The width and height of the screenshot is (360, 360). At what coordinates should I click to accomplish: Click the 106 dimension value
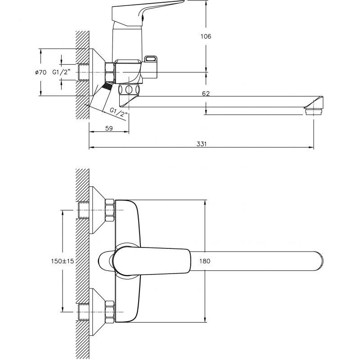click(x=206, y=36)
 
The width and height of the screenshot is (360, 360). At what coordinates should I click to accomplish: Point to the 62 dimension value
click(x=206, y=94)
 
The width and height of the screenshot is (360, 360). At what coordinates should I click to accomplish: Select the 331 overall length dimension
click(x=201, y=144)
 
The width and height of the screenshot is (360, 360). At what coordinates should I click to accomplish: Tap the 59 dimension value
click(x=109, y=128)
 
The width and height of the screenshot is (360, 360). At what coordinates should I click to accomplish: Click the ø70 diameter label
click(x=40, y=72)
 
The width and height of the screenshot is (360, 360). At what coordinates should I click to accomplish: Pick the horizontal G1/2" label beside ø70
click(x=61, y=72)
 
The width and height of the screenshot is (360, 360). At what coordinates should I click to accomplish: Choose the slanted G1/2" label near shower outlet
click(x=118, y=112)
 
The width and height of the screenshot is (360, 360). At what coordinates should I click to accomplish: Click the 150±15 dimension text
click(x=63, y=261)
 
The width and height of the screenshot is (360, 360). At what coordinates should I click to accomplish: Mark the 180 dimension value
click(x=205, y=261)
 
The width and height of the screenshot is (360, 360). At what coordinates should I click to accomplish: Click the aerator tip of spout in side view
click(x=314, y=112)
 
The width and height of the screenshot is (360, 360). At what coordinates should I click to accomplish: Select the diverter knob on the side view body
click(x=151, y=59)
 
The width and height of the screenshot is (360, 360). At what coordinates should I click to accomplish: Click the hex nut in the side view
click(x=109, y=72)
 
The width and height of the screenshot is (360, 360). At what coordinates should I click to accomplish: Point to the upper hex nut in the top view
click(x=109, y=210)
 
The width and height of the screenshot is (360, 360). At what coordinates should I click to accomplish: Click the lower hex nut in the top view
click(x=109, y=312)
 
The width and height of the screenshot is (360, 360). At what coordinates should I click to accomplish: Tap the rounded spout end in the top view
click(x=319, y=261)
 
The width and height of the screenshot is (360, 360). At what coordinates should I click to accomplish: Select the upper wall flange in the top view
click(x=97, y=210)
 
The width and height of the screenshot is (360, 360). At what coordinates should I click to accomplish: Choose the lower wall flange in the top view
click(x=97, y=312)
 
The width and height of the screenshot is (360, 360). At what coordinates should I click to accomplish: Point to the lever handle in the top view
click(x=152, y=261)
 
